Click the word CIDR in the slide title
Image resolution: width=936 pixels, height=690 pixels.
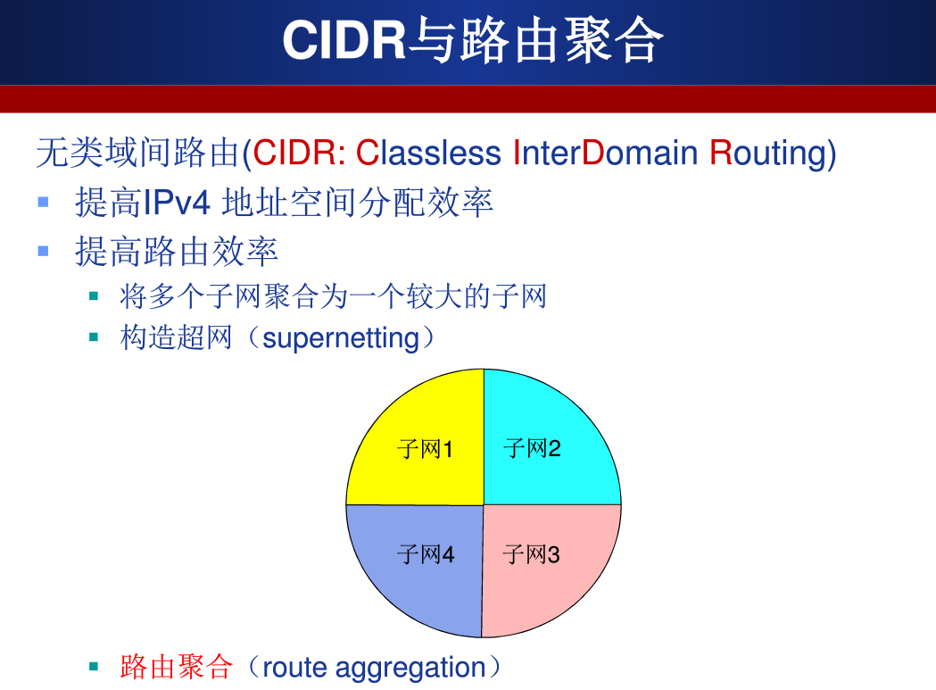[344, 41]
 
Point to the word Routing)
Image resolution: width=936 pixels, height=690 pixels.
[773, 154]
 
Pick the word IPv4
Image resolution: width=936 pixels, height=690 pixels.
[177, 204]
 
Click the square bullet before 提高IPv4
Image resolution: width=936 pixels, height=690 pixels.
[43, 202]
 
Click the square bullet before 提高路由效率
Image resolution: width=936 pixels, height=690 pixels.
[43, 251]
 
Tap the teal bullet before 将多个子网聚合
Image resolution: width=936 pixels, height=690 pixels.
[93, 294]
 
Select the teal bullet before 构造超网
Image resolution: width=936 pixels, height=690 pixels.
[93, 337]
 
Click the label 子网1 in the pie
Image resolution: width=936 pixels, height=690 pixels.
[425, 449]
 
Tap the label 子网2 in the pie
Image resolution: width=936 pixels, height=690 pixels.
[532, 448]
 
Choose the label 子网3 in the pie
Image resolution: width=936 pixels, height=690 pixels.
[531, 555]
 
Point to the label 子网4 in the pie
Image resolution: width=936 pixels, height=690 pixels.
[425, 555]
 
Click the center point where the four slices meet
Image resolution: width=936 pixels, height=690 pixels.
[483, 505]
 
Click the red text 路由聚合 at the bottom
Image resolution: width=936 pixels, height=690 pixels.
[176, 667]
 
